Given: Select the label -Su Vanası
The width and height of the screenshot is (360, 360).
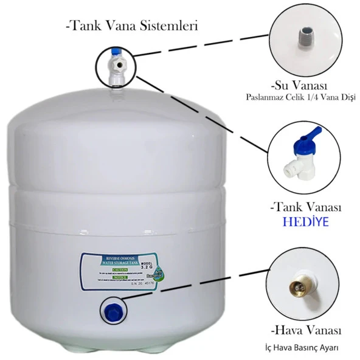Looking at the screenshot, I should click(299, 85).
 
